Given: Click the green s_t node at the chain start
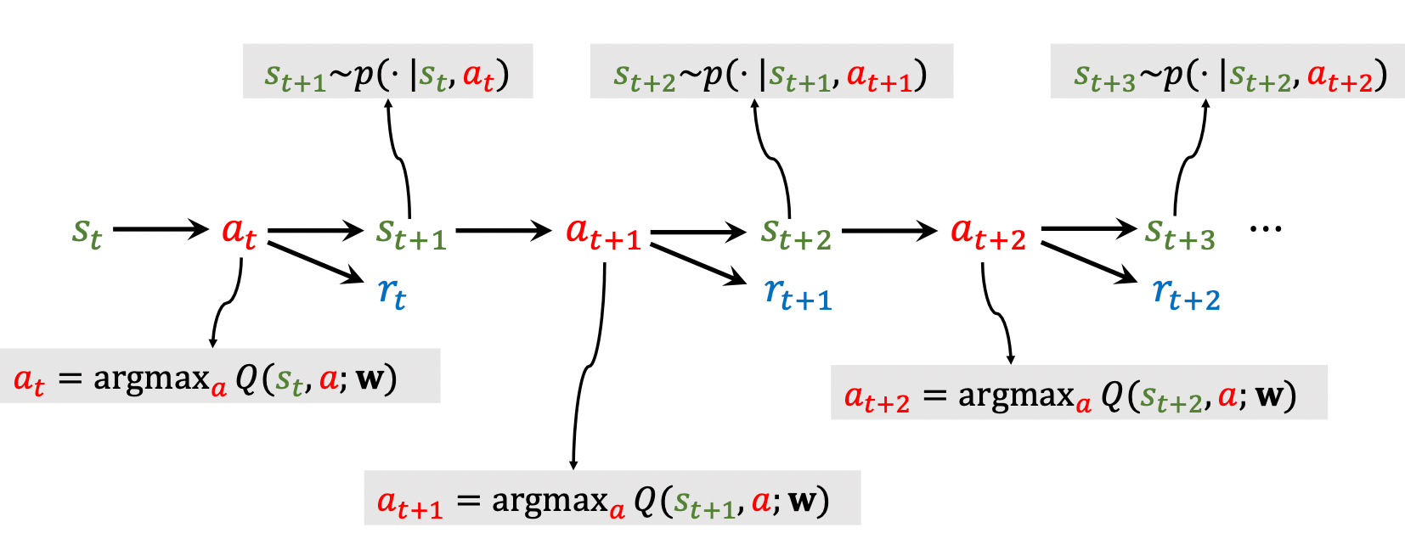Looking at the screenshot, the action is point(87,232).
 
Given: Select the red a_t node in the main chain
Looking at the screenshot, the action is point(239,232).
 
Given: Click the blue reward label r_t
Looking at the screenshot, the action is point(392,294).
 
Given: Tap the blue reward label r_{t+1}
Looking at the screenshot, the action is point(798,294).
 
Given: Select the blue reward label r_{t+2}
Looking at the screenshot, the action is point(1186,294).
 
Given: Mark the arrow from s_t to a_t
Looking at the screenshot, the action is point(161,229).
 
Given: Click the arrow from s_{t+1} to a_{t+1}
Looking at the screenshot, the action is point(504,230).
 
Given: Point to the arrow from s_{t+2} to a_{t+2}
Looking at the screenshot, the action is point(889,230).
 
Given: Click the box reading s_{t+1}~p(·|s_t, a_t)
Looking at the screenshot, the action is point(387,72).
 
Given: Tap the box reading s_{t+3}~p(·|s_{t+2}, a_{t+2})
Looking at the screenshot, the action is point(1227,72).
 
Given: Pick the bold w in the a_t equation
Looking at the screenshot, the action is point(370,378).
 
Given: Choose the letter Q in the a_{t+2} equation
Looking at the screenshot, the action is point(1111,395).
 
